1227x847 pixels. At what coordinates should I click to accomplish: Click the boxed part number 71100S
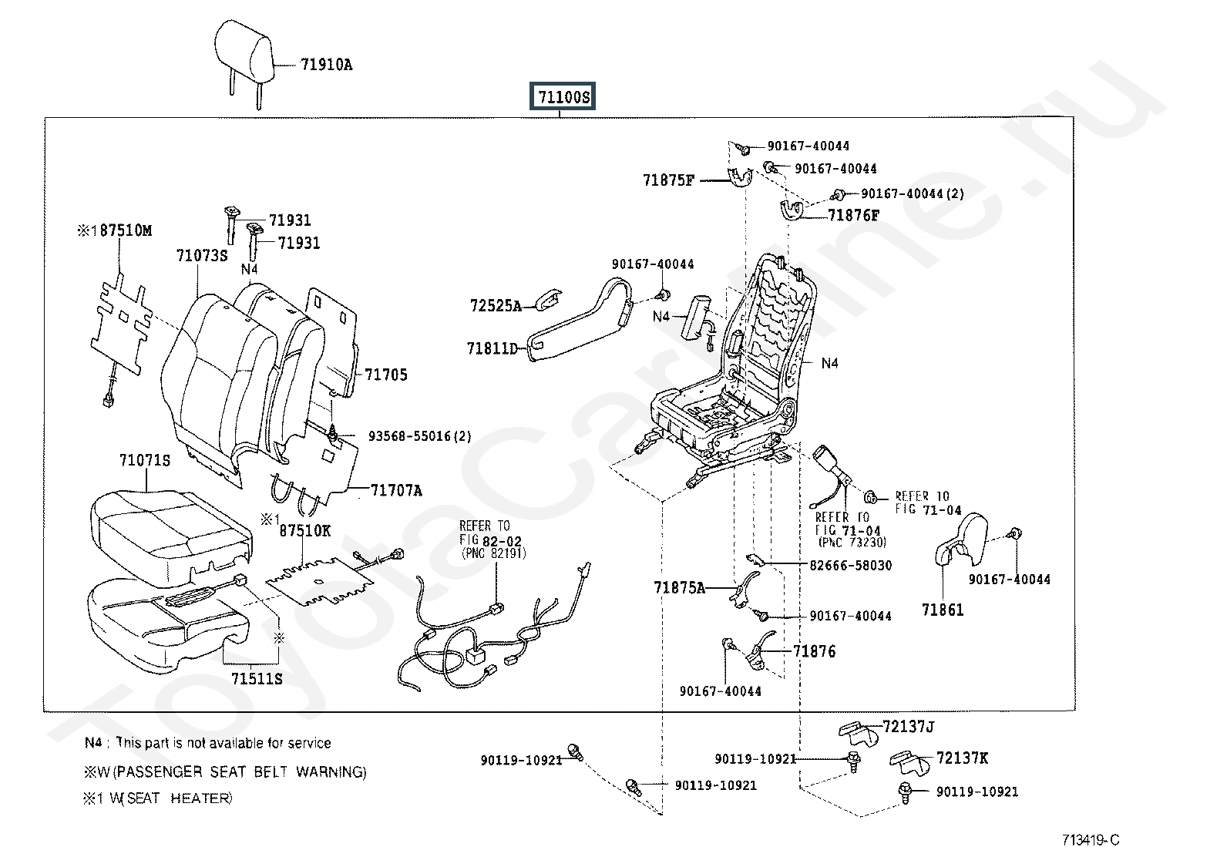tap(563, 96)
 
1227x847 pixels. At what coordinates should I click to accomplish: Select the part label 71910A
tap(327, 65)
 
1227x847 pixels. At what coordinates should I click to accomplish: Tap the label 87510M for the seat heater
tap(126, 230)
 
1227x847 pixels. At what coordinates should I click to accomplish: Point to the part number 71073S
tap(202, 255)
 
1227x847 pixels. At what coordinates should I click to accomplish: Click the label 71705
tap(386, 375)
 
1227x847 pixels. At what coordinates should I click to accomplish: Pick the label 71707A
tap(397, 490)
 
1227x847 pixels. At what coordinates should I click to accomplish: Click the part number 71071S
tap(145, 460)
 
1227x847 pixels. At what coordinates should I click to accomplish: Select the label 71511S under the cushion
tap(257, 679)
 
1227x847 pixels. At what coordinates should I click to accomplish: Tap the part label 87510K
tap(305, 530)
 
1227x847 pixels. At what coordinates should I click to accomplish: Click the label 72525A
tap(496, 306)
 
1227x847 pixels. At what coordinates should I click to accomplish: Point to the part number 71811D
tap(492, 348)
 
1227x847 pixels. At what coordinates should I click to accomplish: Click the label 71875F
tap(668, 180)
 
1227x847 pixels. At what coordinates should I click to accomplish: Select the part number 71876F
tap(853, 215)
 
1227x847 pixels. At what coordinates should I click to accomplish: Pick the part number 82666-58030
tap(851, 566)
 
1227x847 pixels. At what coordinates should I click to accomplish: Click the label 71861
tap(943, 610)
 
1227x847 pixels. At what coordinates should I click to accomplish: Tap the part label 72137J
tap(909, 727)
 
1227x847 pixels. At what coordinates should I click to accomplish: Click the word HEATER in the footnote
tap(201, 798)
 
